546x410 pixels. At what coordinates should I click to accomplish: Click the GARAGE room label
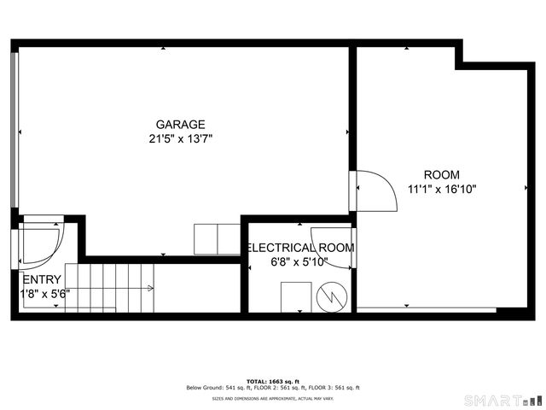click(x=180, y=124)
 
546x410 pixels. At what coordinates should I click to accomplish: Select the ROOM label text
click(x=441, y=174)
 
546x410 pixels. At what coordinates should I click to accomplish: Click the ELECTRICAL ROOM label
click(x=300, y=248)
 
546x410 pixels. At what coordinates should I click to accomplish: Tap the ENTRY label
click(x=42, y=279)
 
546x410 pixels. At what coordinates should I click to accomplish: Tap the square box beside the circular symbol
click(x=296, y=296)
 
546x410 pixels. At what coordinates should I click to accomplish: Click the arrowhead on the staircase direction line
click(x=151, y=288)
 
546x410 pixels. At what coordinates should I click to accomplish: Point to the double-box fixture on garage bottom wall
click(x=218, y=238)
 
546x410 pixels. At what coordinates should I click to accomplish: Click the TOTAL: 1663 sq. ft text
click(x=273, y=381)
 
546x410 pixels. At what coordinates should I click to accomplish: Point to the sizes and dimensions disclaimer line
click(x=273, y=398)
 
